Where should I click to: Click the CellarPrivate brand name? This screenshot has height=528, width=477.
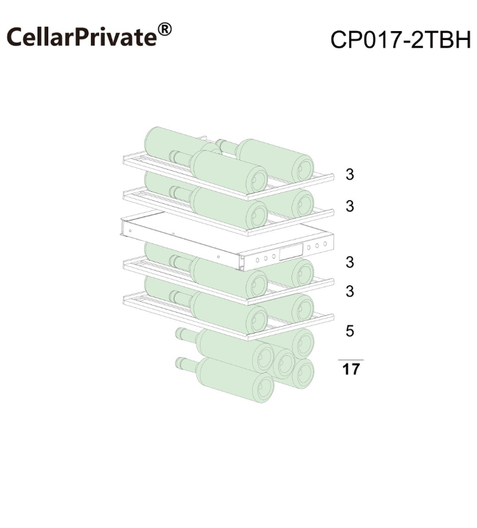[x=82, y=36]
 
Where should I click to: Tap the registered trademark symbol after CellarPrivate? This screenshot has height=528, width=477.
[x=165, y=29]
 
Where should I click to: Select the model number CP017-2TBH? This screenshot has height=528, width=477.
[x=401, y=39]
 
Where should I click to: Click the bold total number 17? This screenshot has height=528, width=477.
[x=351, y=369]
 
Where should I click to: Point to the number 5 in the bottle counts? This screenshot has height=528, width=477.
[x=350, y=330]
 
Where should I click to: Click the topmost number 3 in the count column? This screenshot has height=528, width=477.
[x=350, y=175]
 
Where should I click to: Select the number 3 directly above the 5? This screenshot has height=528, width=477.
[x=350, y=291]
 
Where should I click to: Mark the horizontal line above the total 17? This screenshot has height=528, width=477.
[x=351, y=360]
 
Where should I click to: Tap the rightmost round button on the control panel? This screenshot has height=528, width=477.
[x=325, y=244]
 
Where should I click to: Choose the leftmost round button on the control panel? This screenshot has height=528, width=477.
[x=257, y=260]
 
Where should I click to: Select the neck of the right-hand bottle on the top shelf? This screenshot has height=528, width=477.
[x=227, y=146]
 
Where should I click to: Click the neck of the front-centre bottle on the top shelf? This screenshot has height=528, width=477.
[x=181, y=157]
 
